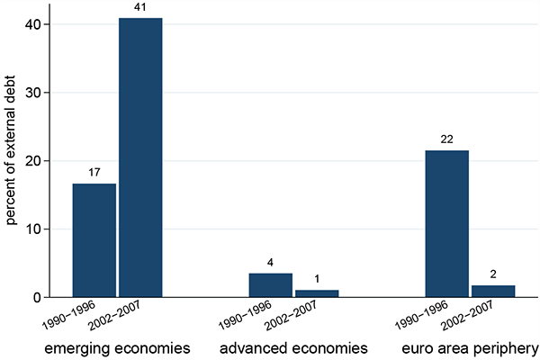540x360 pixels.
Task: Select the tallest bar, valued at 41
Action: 140,157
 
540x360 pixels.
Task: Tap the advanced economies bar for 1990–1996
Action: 270,285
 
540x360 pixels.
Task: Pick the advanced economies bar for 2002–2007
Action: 316,293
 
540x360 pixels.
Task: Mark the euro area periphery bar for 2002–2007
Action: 492,292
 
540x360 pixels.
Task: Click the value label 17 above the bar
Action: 94,172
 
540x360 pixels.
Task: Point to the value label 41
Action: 140,7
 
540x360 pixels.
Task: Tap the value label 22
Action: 446,139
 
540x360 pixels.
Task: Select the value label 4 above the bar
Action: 270,262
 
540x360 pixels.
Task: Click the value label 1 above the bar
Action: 316,279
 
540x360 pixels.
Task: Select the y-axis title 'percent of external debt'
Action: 11,160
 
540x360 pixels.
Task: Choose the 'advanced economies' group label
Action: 293,346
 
